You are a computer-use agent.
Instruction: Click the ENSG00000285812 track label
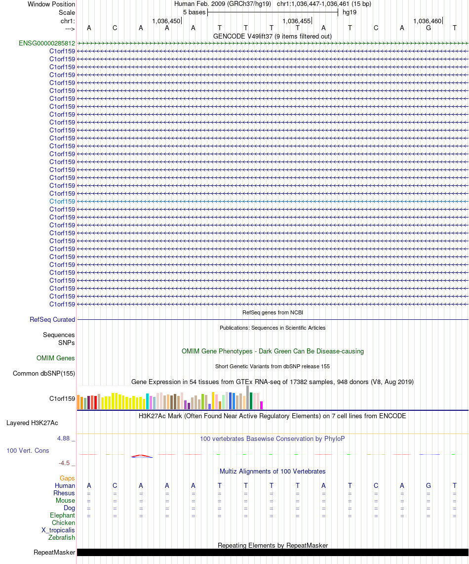[47, 43]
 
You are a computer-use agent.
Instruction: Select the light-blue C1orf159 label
[62, 201]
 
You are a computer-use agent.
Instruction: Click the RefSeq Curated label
[52, 320]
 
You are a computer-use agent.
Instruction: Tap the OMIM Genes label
[55, 358]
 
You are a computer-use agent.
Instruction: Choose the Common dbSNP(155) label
[44, 373]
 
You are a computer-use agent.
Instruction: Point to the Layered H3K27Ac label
[32, 423]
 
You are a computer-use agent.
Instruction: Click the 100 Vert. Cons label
[28, 450]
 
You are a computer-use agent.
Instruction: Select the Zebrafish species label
[62, 537]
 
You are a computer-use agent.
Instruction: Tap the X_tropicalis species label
[58, 530]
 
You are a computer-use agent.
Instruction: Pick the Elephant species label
[62, 515]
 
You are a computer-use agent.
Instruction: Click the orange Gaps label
[67, 478]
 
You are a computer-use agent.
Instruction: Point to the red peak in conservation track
[141, 455]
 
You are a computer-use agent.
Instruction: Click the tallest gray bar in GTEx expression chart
[247, 397]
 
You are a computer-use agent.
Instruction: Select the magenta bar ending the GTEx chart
[262, 404]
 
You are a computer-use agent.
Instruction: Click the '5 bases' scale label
[194, 12]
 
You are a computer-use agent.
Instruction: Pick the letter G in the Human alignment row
[428, 485]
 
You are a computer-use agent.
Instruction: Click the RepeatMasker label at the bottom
[54, 552]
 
